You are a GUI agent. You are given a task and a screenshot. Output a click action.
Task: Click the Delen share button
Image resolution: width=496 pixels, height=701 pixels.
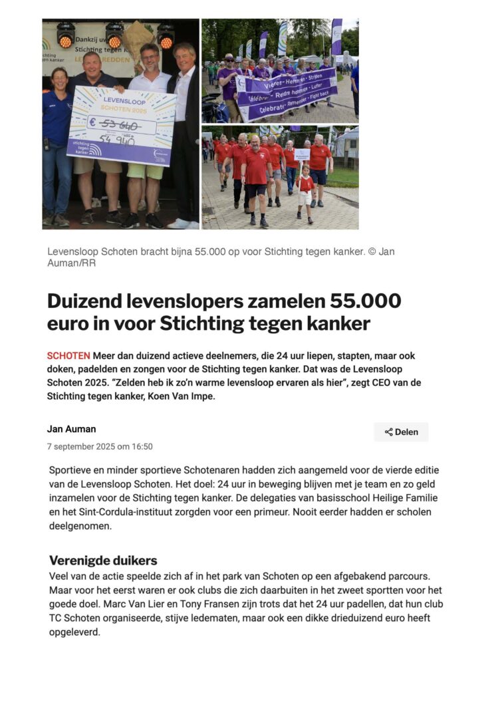click(x=401, y=432)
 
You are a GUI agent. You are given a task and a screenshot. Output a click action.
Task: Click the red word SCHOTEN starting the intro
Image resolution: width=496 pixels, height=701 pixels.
click(x=68, y=356)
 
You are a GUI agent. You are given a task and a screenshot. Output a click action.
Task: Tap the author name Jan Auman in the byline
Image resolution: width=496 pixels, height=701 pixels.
click(x=71, y=429)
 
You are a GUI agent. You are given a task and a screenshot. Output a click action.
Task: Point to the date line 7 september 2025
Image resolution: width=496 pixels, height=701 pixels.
click(x=100, y=446)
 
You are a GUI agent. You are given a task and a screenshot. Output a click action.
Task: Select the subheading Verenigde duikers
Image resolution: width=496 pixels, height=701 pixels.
click(x=103, y=560)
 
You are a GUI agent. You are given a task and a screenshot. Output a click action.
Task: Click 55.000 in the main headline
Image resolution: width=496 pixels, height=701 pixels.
click(x=365, y=301)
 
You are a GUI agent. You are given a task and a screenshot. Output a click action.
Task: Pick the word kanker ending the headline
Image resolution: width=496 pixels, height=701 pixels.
click(x=336, y=324)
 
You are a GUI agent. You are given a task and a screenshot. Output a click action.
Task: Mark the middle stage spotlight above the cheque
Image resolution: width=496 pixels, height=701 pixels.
click(x=114, y=35)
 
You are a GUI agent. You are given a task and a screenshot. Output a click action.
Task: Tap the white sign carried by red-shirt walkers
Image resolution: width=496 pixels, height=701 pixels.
click(x=303, y=154)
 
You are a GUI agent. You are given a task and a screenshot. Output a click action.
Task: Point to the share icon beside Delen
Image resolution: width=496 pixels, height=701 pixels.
click(x=388, y=432)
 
